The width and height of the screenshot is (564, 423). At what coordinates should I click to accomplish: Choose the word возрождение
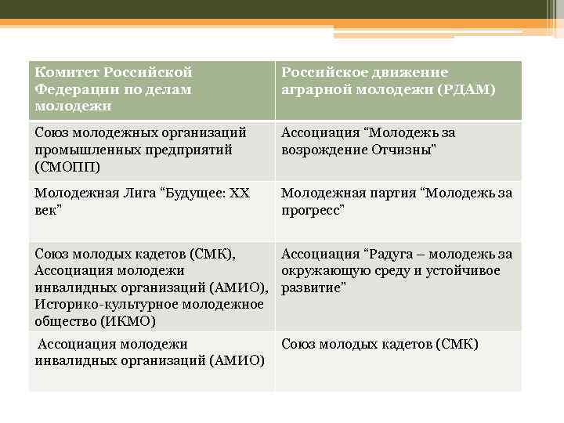click(320, 150)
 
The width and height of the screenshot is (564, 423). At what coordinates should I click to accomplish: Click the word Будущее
click(193, 193)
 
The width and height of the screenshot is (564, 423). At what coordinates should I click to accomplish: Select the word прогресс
click(313, 211)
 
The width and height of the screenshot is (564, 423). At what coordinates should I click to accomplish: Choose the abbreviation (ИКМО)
click(128, 321)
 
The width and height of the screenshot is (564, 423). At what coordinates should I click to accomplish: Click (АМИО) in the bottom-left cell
click(236, 360)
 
